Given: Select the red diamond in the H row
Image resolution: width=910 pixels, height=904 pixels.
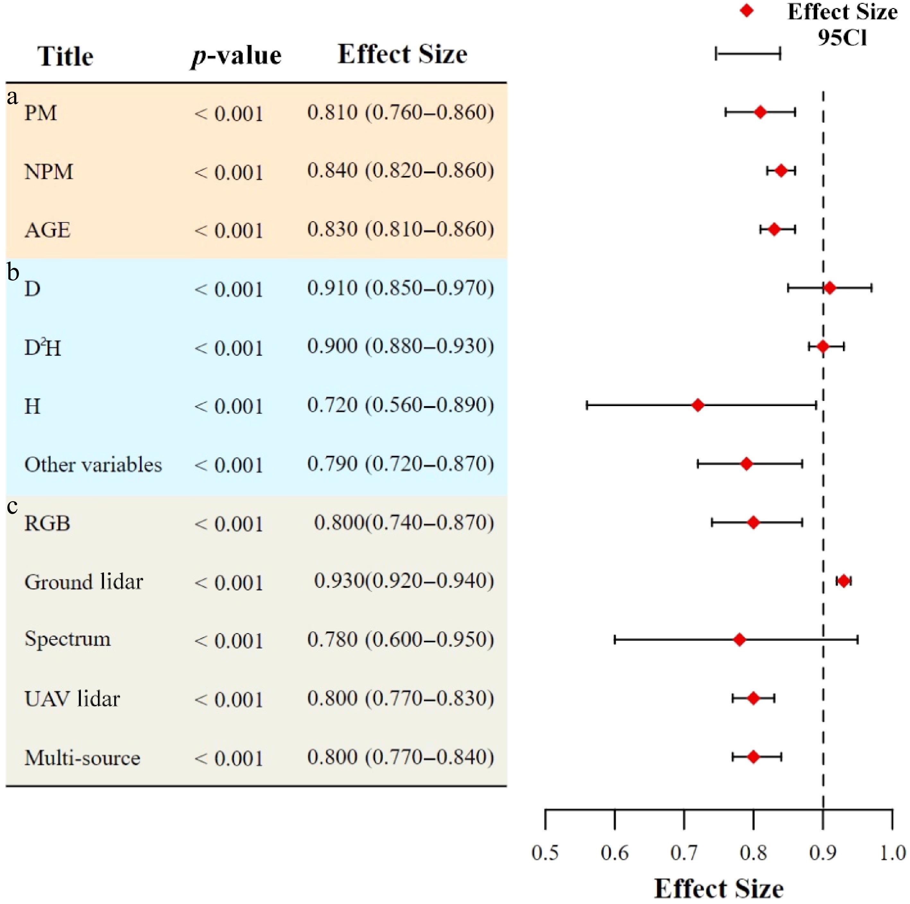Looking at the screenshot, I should pyautogui.click(x=698, y=405).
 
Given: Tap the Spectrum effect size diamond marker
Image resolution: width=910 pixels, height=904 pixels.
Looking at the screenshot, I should pyautogui.click(x=740, y=640).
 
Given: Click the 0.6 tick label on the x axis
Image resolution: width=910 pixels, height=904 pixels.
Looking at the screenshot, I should pyautogui.click(x=614, y=853).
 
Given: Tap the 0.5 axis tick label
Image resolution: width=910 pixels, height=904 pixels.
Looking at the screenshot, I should pyautogui.click(x=545, y=853).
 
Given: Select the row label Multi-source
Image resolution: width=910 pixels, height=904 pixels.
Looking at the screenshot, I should pyautogui.click(x=82, y=758).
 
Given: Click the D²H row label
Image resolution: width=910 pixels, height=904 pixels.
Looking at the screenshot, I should pyautogui.click(x=42, y=348).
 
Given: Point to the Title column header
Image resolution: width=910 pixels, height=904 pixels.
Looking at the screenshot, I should pyautogui.click(x=65, y=56).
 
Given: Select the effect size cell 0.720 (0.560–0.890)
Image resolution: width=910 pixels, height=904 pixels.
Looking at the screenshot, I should pyautogui.click(x=400, y=405).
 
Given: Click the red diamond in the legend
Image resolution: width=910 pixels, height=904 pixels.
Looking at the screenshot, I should pyautogui.click(x=747, y=10).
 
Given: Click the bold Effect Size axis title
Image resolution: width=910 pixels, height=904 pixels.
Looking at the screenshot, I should pyautogui.click(x=719, y=889).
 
